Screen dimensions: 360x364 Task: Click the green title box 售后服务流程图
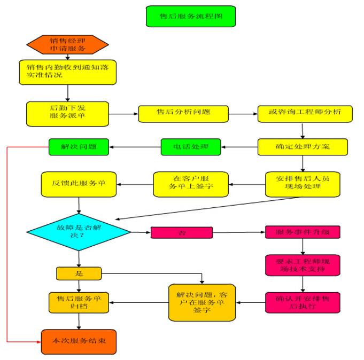coord(190,17)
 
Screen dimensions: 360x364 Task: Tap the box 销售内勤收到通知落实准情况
coord(67,72)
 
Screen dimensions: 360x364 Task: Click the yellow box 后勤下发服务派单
coord(67,113)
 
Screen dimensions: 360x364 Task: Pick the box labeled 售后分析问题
coord(184,113)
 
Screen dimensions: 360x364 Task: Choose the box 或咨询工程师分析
coord(305,113)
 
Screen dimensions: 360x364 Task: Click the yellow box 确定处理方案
coord(303,146)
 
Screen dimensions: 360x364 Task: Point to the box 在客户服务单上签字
coord(191,183)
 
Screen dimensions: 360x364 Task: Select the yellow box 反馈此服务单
coord(79,183)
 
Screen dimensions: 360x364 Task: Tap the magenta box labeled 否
coord(182,232)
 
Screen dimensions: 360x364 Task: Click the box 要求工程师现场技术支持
coord(303,265)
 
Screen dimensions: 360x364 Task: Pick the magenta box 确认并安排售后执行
coord(303,302)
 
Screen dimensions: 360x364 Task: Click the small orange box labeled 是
coord(79,273)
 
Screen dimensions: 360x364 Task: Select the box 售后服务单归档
coord(79,302)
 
